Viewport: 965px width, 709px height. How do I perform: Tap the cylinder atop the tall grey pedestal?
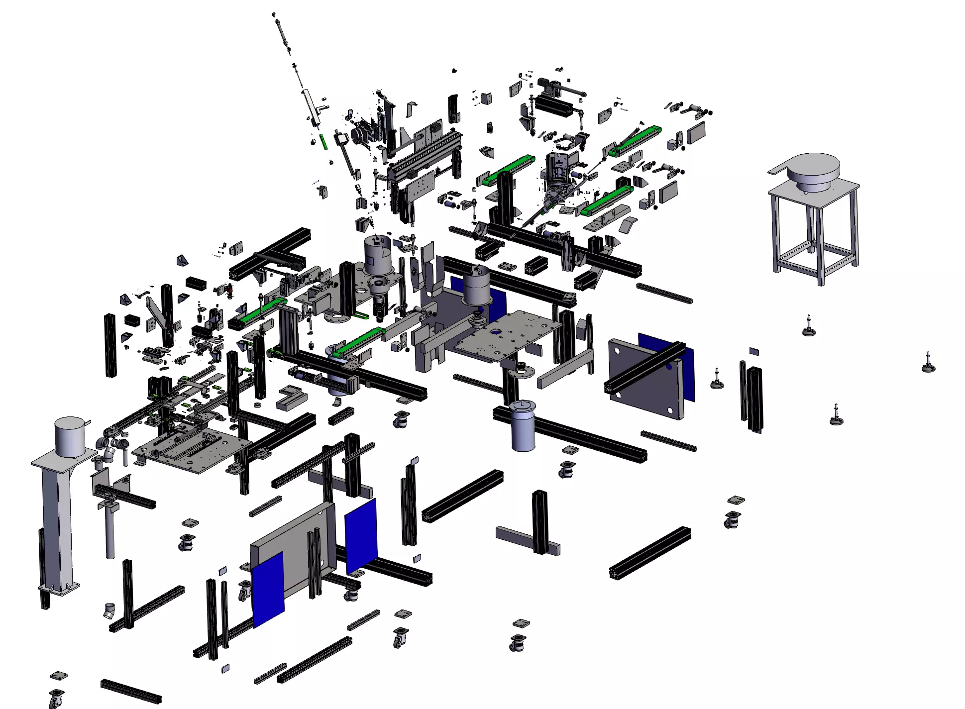point(70,436)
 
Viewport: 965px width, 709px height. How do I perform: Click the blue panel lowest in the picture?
point(268,590)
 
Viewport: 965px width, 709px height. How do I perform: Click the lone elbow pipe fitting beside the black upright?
point(109,611)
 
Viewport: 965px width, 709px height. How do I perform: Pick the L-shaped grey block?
point(291,397)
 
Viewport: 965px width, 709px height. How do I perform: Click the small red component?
point(229,288)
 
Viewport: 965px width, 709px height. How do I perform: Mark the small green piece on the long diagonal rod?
point(323,141)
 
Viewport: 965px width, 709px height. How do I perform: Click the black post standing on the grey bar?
point(540,520)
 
